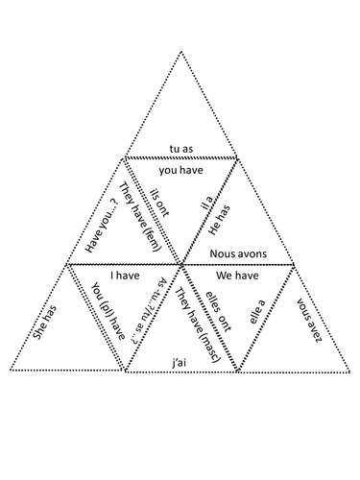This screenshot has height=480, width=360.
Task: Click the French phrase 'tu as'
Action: click(180, 149)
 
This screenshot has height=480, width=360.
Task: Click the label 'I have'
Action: click(125, 275)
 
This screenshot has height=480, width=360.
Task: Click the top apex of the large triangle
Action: click(180, 49)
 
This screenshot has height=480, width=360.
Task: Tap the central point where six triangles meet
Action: click(181, 262)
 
